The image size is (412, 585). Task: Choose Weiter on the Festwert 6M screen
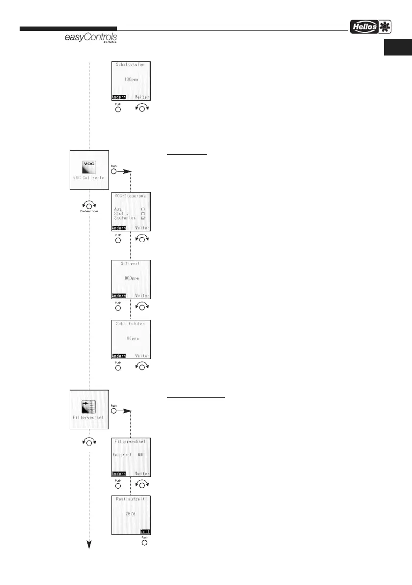click(x=142, y=474)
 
